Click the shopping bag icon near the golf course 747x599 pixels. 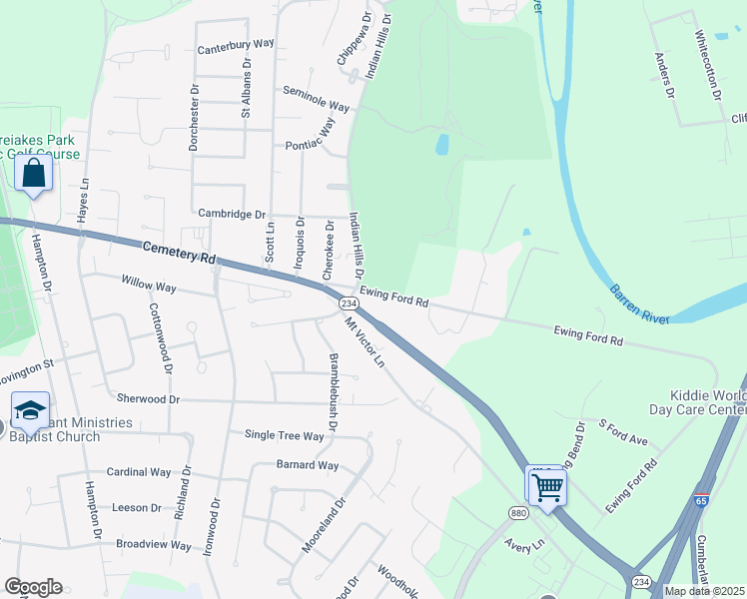click(x=34, y=174)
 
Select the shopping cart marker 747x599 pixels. click(x=546, y=487)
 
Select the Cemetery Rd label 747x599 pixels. click(x=179, y=253)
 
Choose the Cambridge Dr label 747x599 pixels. click(x=232, y=214)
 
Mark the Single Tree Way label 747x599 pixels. click(x=285, y=435)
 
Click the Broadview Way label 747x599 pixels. click(x=153, y=545)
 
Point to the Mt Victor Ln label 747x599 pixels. click(x=365, y=342)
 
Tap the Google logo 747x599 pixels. click(x=33, y=587)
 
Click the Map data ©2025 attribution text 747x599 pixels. click(x=703, y=591)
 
